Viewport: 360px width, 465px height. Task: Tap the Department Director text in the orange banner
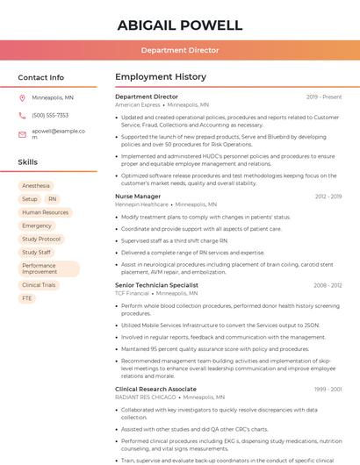pyautogui.click(x=179, y=50)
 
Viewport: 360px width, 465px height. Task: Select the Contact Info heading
pyautogui.click(x=41, y=77)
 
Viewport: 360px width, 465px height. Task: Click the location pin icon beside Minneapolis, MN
pyautogui.click(x=22, y=97)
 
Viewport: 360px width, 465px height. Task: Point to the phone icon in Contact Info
pyautogui.click(x=22, y=115)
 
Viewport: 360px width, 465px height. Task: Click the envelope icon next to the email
pyautogui.click(x=22, y=134)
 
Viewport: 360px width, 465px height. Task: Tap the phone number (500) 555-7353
pyautogui.click(x=50, y=115)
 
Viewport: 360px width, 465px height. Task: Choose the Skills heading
pyautogui.click(x=28, y=162)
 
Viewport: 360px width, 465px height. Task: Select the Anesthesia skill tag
pyautogui.click(x=36, y=186)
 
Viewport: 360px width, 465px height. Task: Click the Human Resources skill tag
pyautogui.click(x=45, y=212)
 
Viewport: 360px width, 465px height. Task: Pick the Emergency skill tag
pyautogui.click(x=37, y=225)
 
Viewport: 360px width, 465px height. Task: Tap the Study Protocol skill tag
pyautogui.click(x=41, y=239)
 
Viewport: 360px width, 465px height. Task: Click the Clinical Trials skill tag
pyautogui.click(x=39, y=285)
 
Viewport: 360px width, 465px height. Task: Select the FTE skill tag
pyautogui.click(x=27, y=298)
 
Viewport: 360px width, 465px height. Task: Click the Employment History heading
pyautogui.click(x=161, y=77)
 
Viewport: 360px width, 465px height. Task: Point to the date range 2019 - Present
pyautogui.click(x=324, y=97)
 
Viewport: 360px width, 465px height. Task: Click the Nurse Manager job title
pyautogui.click(x=138, y=197)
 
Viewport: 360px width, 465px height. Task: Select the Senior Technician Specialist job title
pyautogui.click(x=156, y=285)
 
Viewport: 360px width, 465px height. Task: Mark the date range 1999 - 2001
pyautogui.click(x=328, y=389)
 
